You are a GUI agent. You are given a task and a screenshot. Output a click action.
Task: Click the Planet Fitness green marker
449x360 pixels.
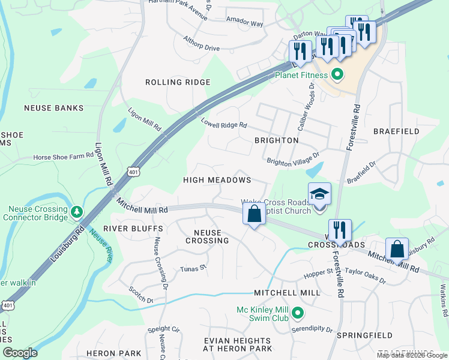337,75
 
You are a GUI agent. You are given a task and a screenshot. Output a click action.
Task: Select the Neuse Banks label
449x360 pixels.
53,108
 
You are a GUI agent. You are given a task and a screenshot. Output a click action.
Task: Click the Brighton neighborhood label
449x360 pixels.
276,140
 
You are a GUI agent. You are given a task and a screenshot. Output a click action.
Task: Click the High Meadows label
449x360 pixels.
217,180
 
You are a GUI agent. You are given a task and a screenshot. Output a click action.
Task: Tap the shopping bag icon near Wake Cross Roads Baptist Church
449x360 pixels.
254,214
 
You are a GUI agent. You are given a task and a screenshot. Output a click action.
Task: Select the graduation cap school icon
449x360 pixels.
319,194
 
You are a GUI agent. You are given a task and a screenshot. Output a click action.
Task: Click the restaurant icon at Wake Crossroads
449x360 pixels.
340,230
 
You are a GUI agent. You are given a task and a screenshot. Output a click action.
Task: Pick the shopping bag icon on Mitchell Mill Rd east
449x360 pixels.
397,249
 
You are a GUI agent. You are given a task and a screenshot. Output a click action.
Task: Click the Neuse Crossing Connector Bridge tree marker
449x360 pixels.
77,212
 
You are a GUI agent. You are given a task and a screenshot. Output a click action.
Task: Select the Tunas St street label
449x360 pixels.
193,269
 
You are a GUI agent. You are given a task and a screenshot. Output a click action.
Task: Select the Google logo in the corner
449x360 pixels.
20,353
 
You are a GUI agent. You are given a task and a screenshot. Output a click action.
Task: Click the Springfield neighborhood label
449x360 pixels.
364,335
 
